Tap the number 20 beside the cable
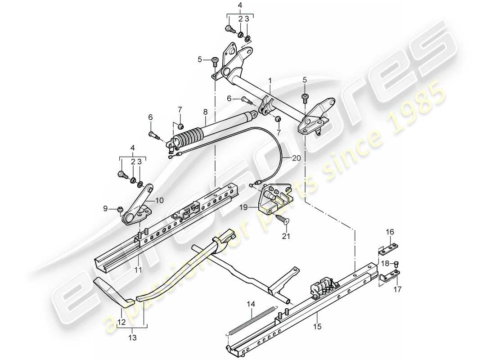click(295, 158)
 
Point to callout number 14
click(251, 304)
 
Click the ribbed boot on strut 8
click(188, 136)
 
